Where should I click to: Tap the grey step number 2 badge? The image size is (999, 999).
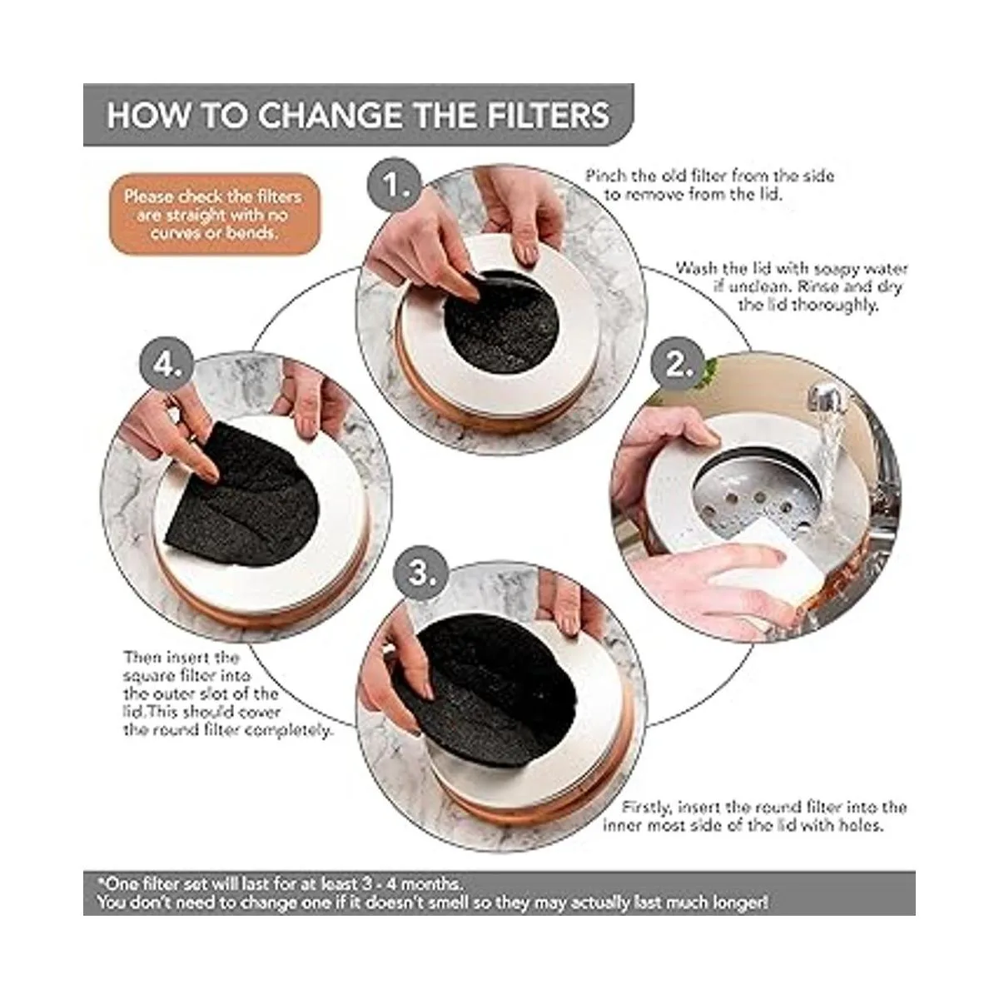[x=677, y=365]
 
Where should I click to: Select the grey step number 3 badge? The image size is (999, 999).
[x=419, y=574]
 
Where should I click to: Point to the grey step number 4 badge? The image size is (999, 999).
[x=167, y=364]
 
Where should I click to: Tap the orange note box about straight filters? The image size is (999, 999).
[x=213, y=215]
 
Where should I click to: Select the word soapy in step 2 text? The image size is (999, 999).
[x=834, y=270]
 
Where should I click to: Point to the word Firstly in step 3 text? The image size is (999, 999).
[x=647, y=808]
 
